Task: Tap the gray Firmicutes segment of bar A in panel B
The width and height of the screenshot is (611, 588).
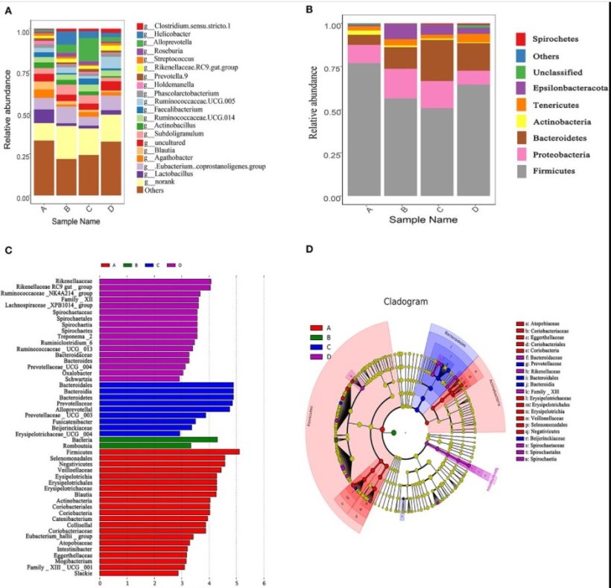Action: [364, 130]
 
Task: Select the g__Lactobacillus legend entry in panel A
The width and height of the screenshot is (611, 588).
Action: [171, 173]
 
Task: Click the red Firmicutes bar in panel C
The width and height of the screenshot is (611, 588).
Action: [169, 451]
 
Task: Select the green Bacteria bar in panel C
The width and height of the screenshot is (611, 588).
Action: [158, 439]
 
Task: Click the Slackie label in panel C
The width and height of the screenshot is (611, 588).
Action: [83, 572]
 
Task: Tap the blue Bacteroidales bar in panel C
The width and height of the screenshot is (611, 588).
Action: [165, 384]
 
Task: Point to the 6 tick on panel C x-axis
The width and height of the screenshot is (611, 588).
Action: [264, 584]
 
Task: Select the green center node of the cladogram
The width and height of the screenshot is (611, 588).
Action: [393, 432]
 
